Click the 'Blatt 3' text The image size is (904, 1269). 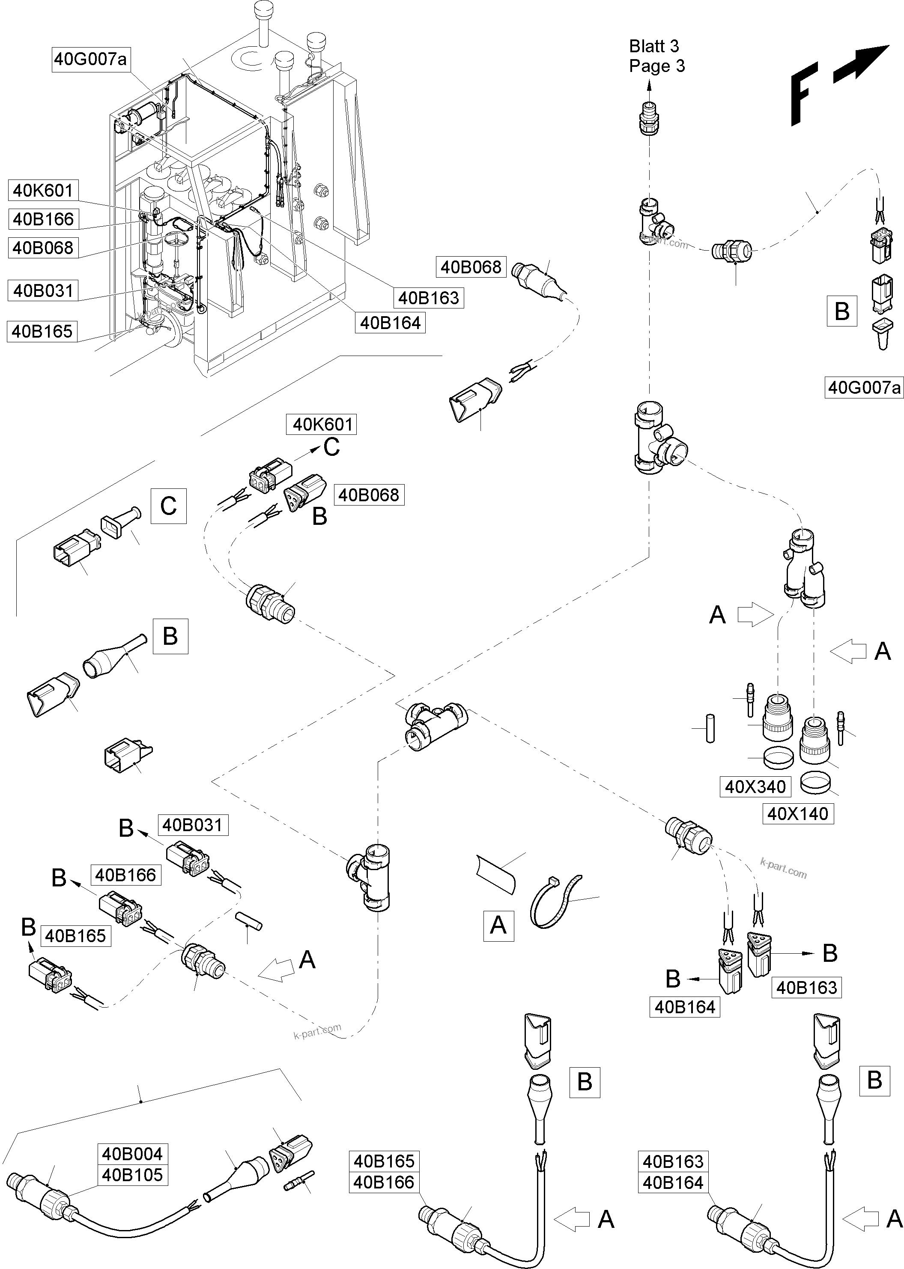tap(654, 46)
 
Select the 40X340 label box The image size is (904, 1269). tap(755, 787)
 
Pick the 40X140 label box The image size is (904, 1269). tap(798, 814)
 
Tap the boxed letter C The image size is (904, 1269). tap(168, 506)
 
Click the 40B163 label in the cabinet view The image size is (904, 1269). tap(429, 298)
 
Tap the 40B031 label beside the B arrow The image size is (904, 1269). tap(193, 825)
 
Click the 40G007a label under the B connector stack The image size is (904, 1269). tap(863, 388)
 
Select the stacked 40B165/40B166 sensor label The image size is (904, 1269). tap(384, 1172)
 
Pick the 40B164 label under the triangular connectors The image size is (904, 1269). tap(685, 1007)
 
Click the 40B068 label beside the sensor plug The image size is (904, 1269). tap(471, 267)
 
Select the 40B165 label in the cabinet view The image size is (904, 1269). tap(42, 331)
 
